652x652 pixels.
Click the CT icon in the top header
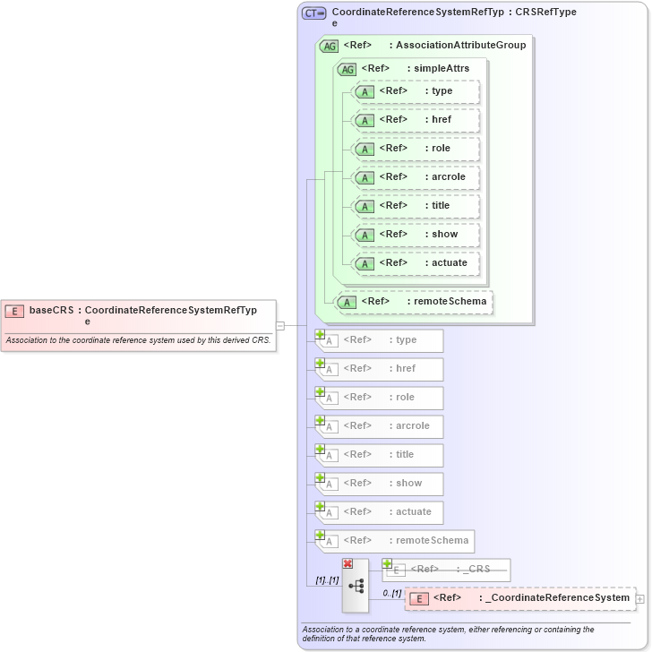[x=313, y=13]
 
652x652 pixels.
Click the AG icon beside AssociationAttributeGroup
[x=329, y=46]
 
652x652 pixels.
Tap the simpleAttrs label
[x=441, y=68]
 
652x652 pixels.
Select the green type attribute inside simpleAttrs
[x=416, y=91]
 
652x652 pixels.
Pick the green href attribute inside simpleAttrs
[x=416, y=120]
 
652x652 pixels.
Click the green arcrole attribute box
[x=416, y=177]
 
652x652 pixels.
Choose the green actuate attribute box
[x=416, y=263]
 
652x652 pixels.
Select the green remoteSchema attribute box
[x=413, y=302]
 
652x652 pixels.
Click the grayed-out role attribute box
[x=380, y=398]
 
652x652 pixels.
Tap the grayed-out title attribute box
[x=380, y=455]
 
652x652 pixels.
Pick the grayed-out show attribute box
[x=380, y=484]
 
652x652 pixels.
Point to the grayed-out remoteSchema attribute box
[x=395, y=541]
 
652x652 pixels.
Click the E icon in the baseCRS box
[x=14, y=311]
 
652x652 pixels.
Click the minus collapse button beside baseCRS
[x=280, y=326]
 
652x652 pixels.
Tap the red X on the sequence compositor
[x=347, y=563]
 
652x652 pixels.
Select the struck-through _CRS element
[x=449, y=570]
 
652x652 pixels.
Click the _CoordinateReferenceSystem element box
[x=519, y=598]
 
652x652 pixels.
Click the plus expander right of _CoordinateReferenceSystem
[x=639, y=598]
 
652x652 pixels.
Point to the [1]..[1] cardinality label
[x=327, y=580]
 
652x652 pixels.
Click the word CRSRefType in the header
[x=545, y=13]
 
